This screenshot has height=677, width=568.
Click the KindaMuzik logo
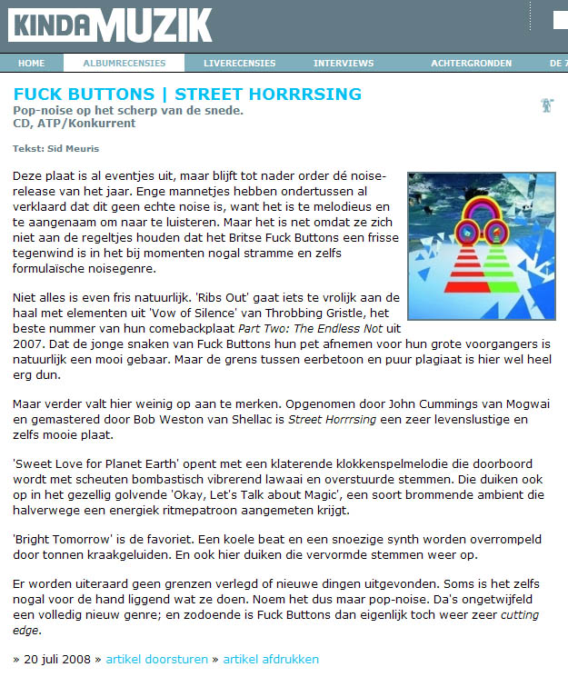coord(109,25)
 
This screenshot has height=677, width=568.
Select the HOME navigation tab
coord(31,63)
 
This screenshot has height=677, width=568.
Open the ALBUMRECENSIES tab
coord(125,63)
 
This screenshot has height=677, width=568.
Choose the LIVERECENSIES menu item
coord(239,63)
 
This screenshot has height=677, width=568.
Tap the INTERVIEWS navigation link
coord(344,63)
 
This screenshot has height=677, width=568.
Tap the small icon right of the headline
coord(547,105)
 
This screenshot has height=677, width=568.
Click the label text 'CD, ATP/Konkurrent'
coord(74,124)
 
